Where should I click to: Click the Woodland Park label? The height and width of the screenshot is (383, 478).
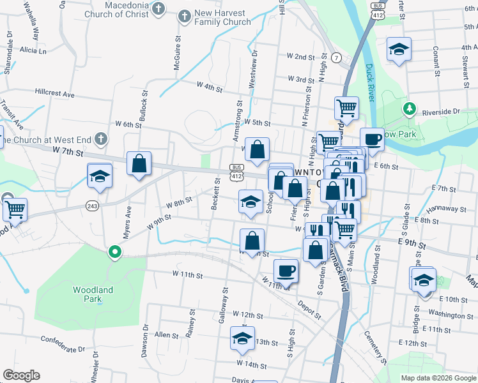coord(93,294)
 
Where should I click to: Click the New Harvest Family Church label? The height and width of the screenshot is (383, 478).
coord(222,17)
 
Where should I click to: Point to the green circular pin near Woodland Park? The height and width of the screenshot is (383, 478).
coord(115,252)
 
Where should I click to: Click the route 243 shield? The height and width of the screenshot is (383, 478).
coord(92,205)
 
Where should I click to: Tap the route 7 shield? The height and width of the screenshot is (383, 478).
coord(335,57)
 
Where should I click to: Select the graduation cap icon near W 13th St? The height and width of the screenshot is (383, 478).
coord(242,339)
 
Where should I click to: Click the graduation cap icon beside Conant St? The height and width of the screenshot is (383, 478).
coord(399,50)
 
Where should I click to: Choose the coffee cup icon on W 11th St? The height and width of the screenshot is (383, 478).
coord(286,270)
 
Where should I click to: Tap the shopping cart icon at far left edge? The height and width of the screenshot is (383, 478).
coord(14,208)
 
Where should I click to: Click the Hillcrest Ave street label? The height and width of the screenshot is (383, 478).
coord(55,93)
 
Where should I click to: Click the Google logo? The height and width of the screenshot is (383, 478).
coord(21,375)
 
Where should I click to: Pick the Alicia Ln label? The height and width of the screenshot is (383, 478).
coord(33,50)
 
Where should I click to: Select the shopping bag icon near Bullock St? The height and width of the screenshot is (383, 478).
coord(139,163)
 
